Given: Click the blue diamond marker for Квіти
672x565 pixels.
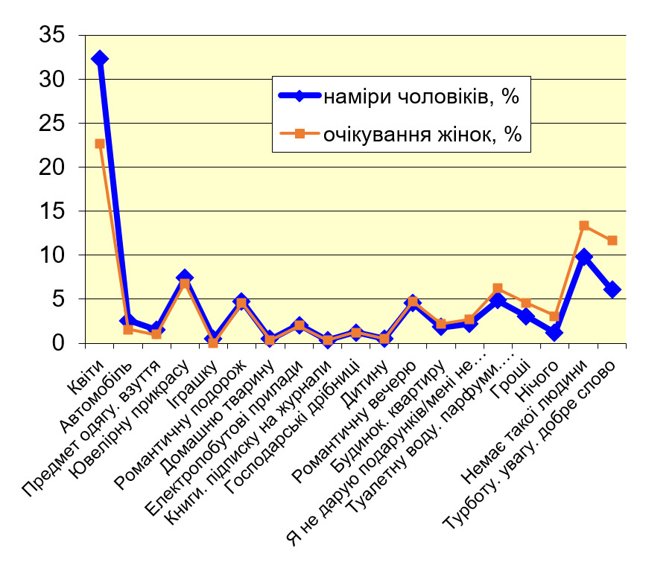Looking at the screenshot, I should (100, 59).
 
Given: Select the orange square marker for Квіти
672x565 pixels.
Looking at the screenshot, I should (100, 144).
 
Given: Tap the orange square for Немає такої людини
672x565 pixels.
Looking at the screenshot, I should (584, 226).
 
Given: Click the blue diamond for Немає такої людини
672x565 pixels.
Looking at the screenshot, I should (584, 257).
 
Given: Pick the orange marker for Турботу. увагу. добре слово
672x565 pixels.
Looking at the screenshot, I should (612, 240).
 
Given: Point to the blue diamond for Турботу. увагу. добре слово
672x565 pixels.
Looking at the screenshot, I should (612, 290).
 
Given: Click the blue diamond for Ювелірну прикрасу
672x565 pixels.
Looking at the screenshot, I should (184, 278).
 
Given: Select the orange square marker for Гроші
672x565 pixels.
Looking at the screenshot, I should (526, 303).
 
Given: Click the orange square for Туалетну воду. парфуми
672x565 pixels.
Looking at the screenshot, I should (498, 289).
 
